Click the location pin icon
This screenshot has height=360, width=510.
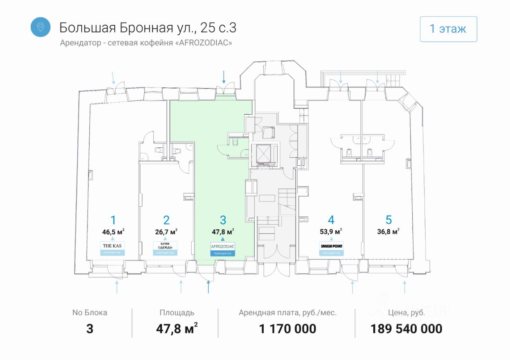40,27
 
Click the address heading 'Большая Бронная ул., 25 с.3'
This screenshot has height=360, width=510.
148,27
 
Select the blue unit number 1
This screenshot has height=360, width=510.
113,220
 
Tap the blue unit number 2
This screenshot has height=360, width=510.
166,220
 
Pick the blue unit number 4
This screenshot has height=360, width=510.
331,220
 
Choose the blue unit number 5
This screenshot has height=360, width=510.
389,220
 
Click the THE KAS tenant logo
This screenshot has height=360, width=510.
112,246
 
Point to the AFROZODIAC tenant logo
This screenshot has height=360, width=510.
223,246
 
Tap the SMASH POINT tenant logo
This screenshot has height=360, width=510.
331,246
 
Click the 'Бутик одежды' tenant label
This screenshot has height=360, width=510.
165,246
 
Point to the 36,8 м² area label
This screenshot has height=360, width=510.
388,231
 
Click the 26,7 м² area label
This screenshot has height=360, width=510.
166,231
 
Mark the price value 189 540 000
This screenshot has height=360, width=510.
406,329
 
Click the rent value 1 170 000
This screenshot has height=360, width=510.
288,329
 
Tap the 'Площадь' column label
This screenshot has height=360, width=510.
177,313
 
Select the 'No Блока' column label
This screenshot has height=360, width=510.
90,313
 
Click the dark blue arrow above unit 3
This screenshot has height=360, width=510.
224,76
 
